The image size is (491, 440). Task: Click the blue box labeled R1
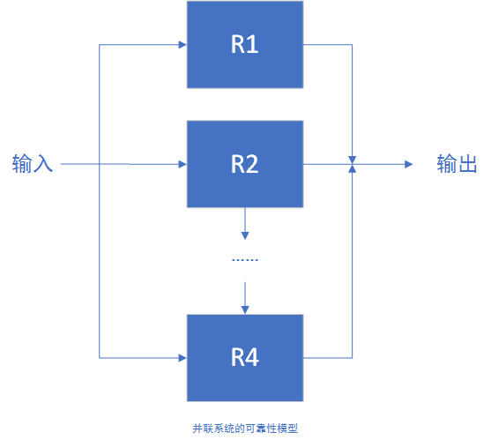coord(245,44)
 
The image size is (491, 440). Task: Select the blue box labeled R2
coord(245,164)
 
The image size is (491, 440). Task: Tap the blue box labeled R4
coord(245,357)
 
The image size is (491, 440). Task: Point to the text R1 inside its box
coord(245,45)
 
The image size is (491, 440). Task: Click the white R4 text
coord(245,358)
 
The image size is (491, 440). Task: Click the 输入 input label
coord(33,164)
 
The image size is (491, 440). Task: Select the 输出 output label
coord(458,164)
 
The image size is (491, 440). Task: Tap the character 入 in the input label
coord(44,164)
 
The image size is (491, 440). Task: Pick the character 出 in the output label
coord(468,164)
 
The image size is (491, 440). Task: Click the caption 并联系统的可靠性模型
coord(245,428)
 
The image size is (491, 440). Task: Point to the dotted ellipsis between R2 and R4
coord(245,260)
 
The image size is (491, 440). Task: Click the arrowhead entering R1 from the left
coord(182,44)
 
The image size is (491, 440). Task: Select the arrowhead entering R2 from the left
coord(182,164)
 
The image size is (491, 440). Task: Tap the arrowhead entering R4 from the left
coord(182,357)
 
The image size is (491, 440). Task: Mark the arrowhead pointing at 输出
coord(408,164)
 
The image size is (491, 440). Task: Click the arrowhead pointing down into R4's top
coord(245,309)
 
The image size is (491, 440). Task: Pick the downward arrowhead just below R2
coord(245,235)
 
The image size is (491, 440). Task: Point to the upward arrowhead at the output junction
coord(353,169)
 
